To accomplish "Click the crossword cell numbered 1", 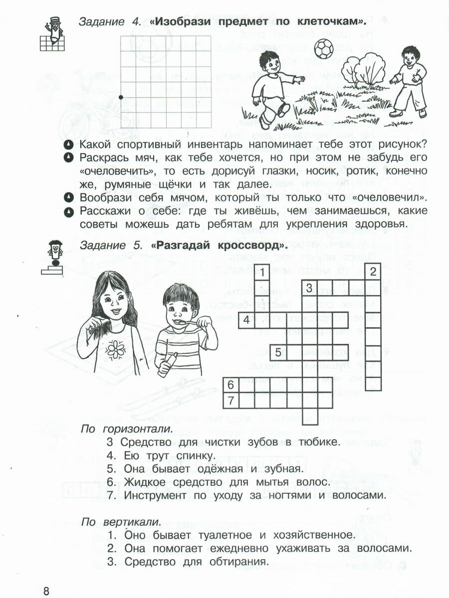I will pos(262,272).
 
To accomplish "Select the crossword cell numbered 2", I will pos(373,272).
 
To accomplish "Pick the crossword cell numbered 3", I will pos(310,288).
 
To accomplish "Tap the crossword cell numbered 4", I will pos(246,320).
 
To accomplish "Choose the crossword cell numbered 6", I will pos(231,384).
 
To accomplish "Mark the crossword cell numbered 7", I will pos(231,400).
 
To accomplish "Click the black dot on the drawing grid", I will pos(121,98).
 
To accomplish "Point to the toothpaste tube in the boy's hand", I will pos(167,363).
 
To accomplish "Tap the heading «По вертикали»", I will pos(121,522).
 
